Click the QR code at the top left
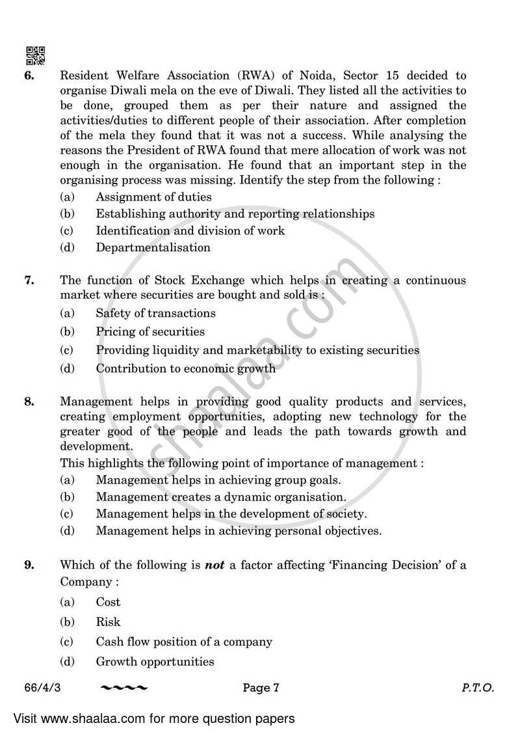pos(35,56)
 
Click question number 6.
pos(29,75)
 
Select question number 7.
pos(29,280)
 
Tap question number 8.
pos(29,402)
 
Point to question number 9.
pos(29,566)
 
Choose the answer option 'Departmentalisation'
pos(153,247)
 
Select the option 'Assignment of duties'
pos(153,197)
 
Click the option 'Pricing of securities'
pos(150,332)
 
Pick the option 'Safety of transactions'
pos(155,313)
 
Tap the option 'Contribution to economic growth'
pos(185,369)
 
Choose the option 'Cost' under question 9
pos(108,603)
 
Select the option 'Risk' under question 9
pos(108,622)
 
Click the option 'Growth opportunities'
pos(155,662)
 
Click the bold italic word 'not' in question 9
pos(214,566)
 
